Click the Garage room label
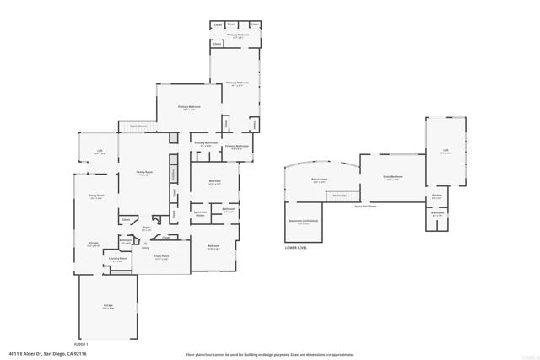tap(108, 305)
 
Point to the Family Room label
tap(145, 172)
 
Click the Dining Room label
tap(96, 196)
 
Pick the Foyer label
tap(146, 227)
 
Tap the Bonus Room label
tap(320, 180)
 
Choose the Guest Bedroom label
tap(392, 177)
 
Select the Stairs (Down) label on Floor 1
tap(138, 126)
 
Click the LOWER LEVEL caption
tap(296, 247)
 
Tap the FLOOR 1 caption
tap(81, 346)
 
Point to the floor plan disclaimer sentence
tap(269, 355)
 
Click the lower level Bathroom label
tap(437, 213)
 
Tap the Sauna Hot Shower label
tap(365, 205)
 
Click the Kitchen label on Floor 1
tap(94, 244)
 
